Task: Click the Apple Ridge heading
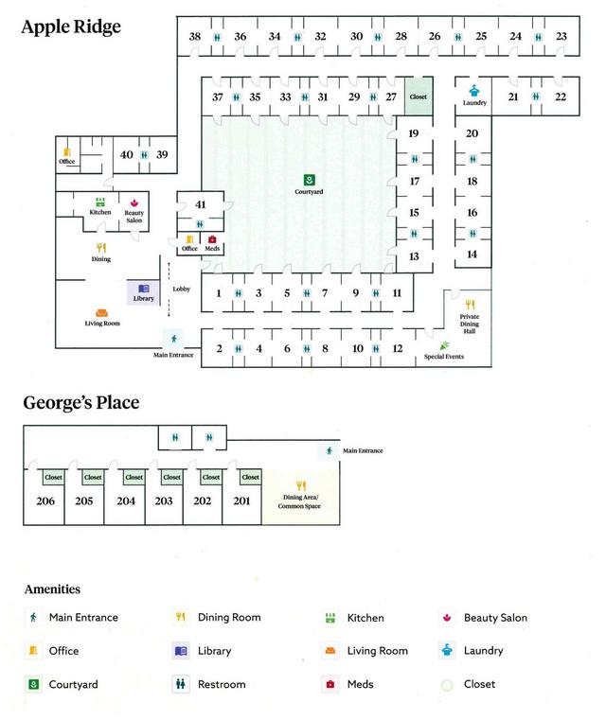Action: [x=71, y=26]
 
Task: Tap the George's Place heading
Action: [x=80, y=403]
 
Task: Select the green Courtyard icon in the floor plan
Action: [x=309, y=180]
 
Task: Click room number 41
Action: [x=200, y=204]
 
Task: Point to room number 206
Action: [x=45, y=500]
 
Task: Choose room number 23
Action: [x=561, y=36]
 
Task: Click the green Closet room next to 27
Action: [x=418, y=97]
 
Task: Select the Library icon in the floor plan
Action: [x=143, y=290]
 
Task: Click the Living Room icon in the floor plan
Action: [x=101, y=312]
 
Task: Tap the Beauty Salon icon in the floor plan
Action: [x=134, y=202]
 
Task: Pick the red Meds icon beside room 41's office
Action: [x=212, y=239]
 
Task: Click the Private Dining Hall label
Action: [x=470, y=324]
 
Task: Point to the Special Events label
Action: [x=443, y=356]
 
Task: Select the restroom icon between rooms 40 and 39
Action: [x=144, y=155]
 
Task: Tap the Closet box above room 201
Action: [x=249, y=477]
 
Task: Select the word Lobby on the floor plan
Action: [x=182, y=289]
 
